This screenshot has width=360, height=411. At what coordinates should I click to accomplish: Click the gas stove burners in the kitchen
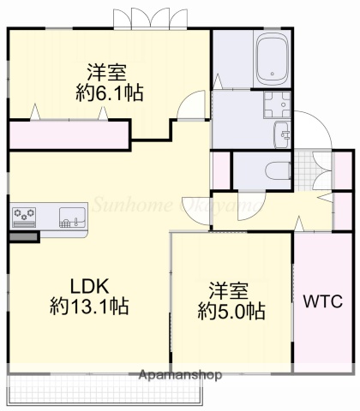tap(24, 214)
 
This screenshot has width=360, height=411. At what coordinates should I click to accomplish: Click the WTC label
tap(323, 301)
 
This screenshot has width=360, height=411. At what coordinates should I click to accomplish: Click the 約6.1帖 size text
tap(109, 94)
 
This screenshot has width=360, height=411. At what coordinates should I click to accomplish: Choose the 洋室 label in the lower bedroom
tap(230, 289)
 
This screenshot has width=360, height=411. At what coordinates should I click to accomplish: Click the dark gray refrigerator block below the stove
tap(24, 235)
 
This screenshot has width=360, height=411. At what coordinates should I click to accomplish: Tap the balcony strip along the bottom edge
tap(103, 391)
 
